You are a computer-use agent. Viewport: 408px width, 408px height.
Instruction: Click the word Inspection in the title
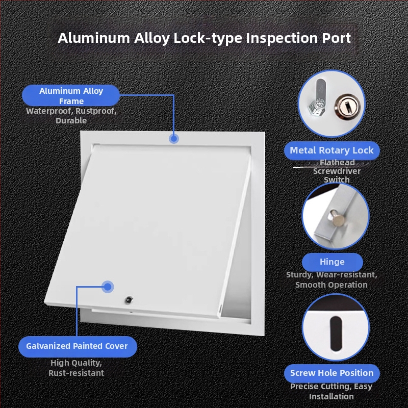[x=282, y=38]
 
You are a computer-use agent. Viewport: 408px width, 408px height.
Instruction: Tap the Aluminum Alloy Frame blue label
[x=71, y=95]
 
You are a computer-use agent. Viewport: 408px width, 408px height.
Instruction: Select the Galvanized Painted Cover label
[x=78, y=346]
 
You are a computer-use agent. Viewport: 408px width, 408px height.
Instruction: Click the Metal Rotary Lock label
[x=332, y=150]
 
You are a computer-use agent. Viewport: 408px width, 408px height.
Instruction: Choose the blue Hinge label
[x=333, y=262]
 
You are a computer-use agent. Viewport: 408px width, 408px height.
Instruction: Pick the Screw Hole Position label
[x=332, y=373]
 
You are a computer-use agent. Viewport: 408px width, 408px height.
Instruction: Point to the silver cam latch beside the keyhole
[x=318, y=98]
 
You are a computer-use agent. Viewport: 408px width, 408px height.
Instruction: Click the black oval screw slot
[x=336, y=334]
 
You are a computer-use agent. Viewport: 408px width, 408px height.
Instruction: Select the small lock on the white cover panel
[x=129, y=300]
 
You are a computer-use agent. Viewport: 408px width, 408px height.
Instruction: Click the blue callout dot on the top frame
[x=174, y=138]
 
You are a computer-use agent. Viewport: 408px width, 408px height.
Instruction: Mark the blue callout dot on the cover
[x=108, y=287]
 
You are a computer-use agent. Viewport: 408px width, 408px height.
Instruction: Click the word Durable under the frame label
[x=71, y=121]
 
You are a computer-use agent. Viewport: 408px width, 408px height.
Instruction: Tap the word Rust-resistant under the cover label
[x=76, y=373]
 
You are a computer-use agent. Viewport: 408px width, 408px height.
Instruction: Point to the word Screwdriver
[x=337, y=171]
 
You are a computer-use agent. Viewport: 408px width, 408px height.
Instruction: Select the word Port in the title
[x=337, y=38]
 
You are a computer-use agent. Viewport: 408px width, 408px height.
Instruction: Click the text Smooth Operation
[x=331, y=285]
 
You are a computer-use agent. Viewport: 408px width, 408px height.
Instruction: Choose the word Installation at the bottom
[x=331, y=397]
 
